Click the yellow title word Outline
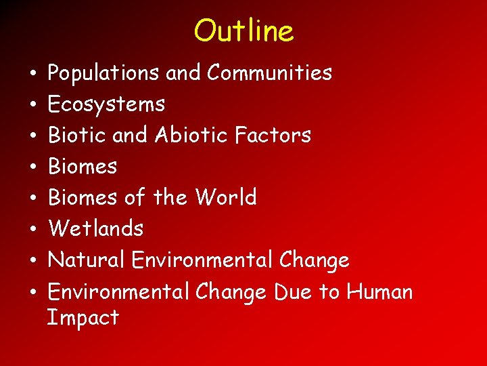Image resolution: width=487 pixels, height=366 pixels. (243, 30)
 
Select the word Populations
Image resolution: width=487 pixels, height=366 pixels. (104, 73)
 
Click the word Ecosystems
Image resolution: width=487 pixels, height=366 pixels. (106, 104)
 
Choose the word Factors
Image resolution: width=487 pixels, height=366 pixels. (273, 135)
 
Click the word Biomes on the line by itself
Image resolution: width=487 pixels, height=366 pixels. (83, 166)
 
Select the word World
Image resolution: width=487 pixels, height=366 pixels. (226, 197)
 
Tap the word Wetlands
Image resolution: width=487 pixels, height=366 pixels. (95, 228)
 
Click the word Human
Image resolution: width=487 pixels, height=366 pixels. (379, 291)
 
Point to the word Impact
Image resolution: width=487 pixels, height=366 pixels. (83, 317)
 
